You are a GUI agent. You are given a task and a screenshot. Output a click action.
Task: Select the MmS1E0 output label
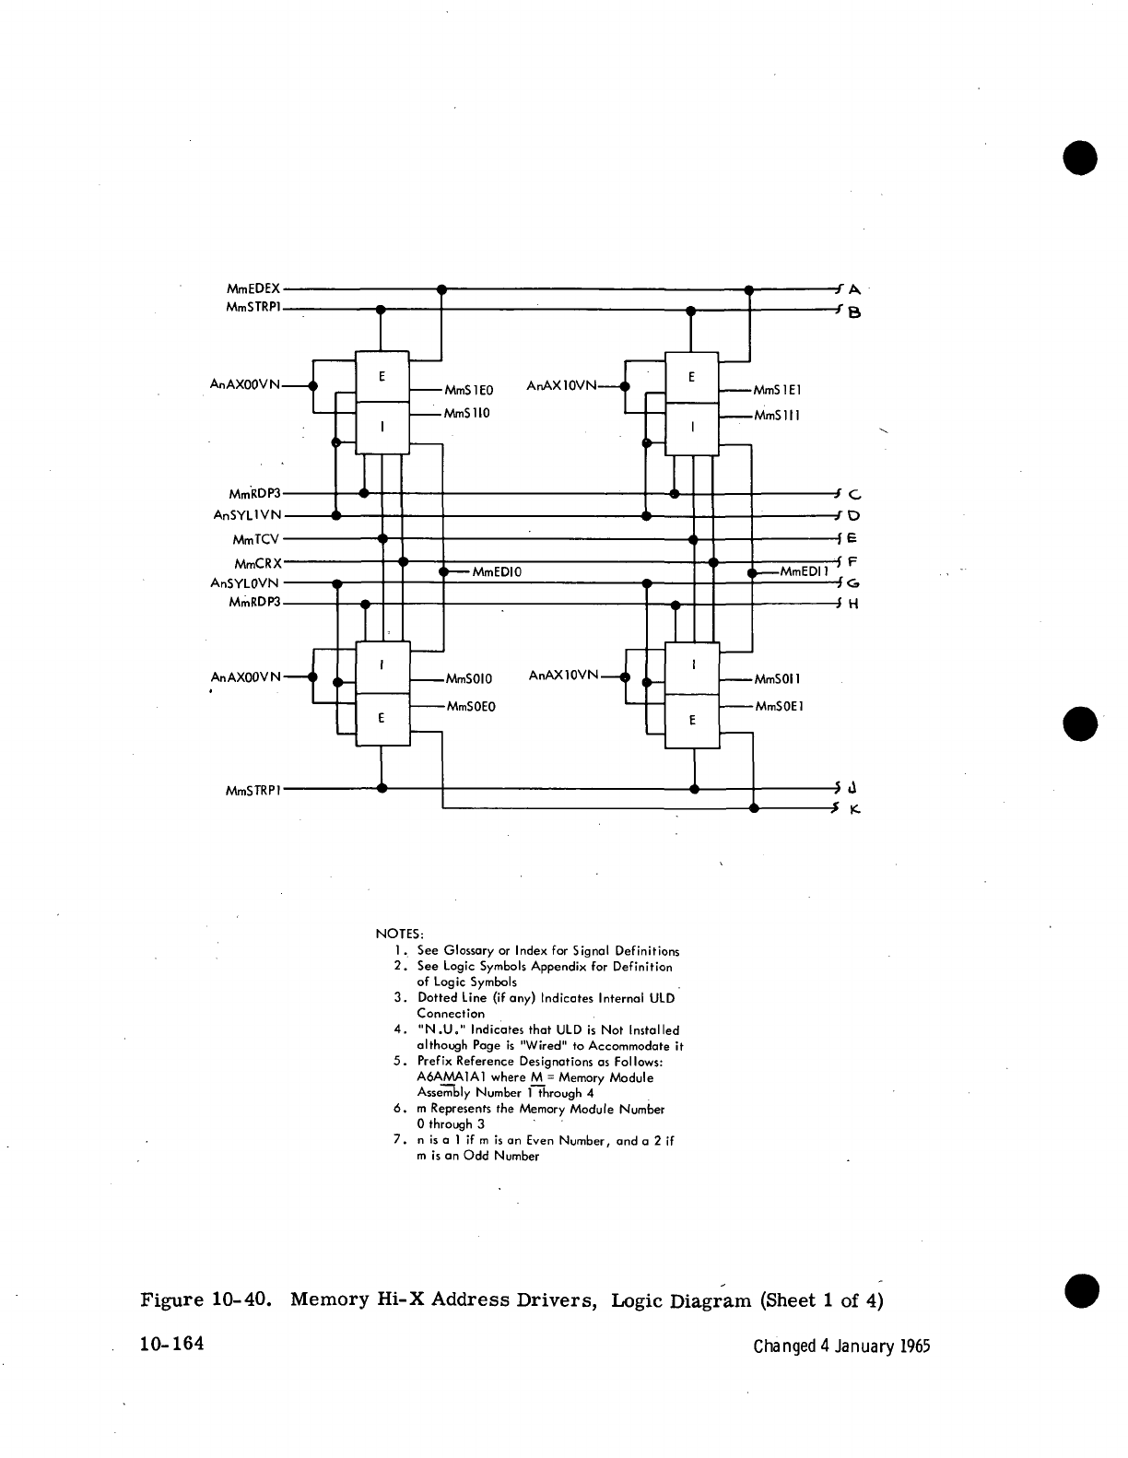click(x=469, y=391)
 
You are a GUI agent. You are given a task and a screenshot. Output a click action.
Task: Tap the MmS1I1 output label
click(x=777, y=416)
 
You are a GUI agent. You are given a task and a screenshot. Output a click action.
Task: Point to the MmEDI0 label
click(x=497, y=572)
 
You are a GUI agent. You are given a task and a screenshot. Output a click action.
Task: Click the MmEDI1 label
click(x=804, y=571)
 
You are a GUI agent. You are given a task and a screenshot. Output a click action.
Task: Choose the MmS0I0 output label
click(x=469, y=680)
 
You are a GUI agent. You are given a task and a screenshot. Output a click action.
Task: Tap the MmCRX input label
click(x=257, y=563)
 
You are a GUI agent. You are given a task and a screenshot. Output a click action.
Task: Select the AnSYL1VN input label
click(x=247, y=516)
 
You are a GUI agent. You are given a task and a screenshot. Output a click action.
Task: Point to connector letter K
click(x=854, y=810)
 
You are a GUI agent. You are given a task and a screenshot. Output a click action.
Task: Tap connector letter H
click(x=853, y=605)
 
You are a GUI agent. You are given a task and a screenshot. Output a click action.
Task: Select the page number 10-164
click(x=171, y=1345)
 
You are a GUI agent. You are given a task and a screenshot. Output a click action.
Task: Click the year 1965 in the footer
click(x=912, y=1346)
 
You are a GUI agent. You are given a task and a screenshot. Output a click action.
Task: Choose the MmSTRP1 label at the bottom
click(x=253, y=790)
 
